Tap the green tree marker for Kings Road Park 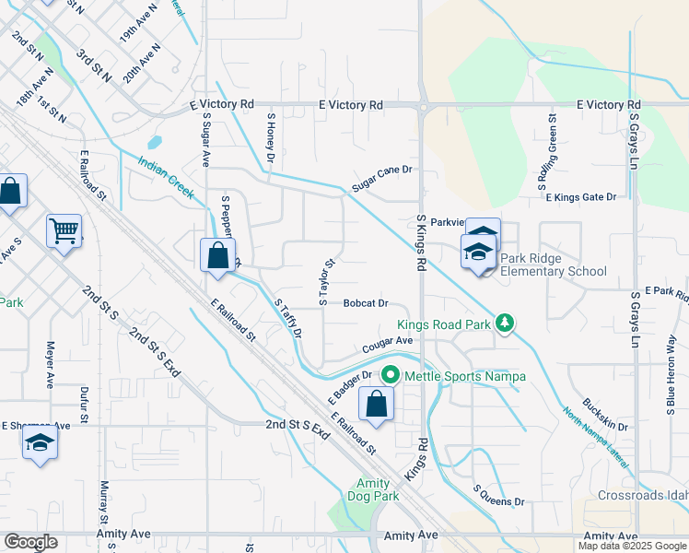coord(504,323)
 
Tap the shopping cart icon coord(64,230)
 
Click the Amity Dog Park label coord(379,489)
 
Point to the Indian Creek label coord(166,177)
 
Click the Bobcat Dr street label coord(367,302)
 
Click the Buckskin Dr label coord(604,427)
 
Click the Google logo coord(30,541)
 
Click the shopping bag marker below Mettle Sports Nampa coord(377,405)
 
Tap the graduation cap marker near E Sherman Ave coord(40,445)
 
